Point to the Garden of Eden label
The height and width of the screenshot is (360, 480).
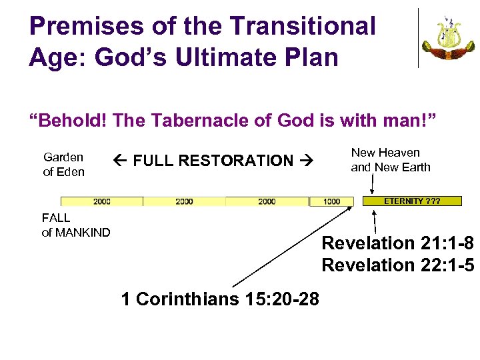coord(64,165)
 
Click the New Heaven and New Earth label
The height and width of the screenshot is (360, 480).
coord(391,160)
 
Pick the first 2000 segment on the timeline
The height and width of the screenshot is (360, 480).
coord(102,201)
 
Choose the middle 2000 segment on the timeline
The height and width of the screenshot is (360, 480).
coord(184,201)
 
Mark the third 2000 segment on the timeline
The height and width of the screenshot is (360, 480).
coord(267,201)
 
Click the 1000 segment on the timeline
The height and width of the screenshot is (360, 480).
coord(331,201)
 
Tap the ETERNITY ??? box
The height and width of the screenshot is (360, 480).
coord(411,201)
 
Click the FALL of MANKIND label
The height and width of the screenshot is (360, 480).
coord(76,225)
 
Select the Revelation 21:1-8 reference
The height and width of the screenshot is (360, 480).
coord(398,243)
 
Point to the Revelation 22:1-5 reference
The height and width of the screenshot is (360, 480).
coord(398,265)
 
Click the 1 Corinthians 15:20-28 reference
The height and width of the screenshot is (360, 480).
coord(220,299)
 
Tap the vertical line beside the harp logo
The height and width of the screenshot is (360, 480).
coord(419,37)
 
